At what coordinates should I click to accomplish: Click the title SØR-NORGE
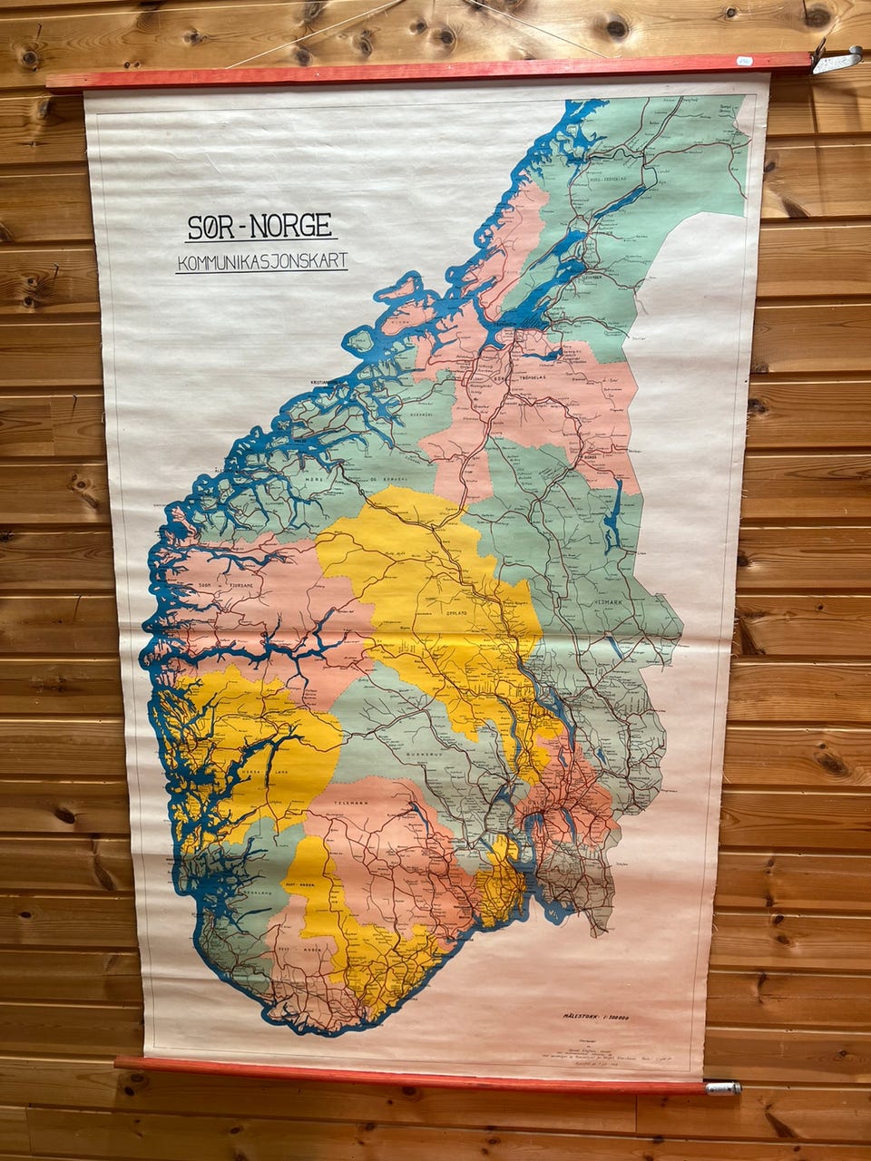(259, 227)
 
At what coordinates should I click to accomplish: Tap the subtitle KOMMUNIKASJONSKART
(262, 262)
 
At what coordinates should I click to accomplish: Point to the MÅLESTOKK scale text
(596, 1018)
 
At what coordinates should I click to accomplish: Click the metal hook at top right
(837, 60)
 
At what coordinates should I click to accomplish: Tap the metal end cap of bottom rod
(723, 1087)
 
